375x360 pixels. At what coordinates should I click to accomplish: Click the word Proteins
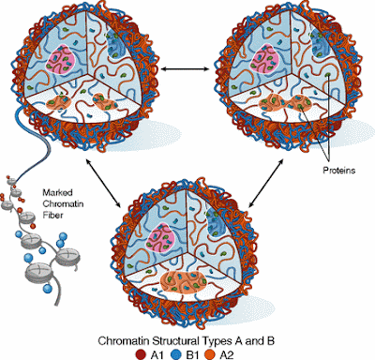click(x=339, y=171)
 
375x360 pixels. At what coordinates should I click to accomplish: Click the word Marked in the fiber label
click(x=57, y=192)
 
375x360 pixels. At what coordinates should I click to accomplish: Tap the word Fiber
click(x=52, y=216)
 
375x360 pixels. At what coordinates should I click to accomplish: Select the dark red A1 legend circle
click(x=142, y=354)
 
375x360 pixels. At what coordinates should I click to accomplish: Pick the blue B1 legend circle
click(x=176, y=354)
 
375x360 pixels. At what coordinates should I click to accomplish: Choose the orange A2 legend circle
click(x=210, y=354)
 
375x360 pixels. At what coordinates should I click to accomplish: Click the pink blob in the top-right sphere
click(x=265, y=58)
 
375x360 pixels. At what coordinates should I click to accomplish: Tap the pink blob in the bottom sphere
click(x=161, y=238)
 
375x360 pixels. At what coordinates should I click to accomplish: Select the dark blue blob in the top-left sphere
click(x=115, y=46)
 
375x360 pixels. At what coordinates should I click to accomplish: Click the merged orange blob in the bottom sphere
click(x=183, y=282)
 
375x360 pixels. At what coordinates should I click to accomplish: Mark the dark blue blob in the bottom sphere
click(x=217, y=222)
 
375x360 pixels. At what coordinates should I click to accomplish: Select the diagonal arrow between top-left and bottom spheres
click(x=103, y=183)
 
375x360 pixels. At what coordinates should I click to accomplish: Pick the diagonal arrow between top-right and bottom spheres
click(x=265, y=183)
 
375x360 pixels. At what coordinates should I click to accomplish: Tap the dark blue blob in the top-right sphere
click(x=321, y=46)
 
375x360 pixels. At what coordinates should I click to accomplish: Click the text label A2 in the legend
click(x=227, y=355)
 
